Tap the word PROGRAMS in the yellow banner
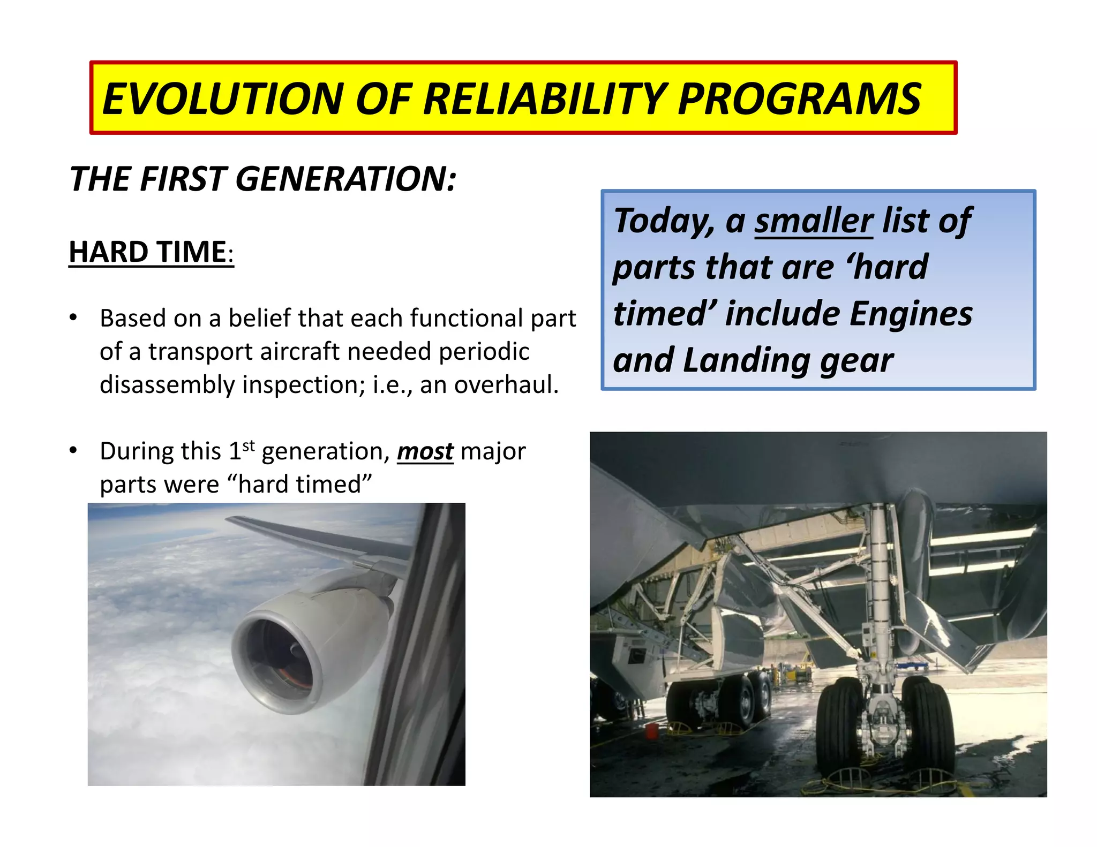point(799,100)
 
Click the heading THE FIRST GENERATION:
point(262,179)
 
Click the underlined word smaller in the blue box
point(814,221)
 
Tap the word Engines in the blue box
point(911,314)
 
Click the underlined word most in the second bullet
point(425,451)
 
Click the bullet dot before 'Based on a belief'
point(73,317)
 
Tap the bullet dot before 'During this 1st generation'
point(73,451)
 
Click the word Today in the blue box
point(663,221)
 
